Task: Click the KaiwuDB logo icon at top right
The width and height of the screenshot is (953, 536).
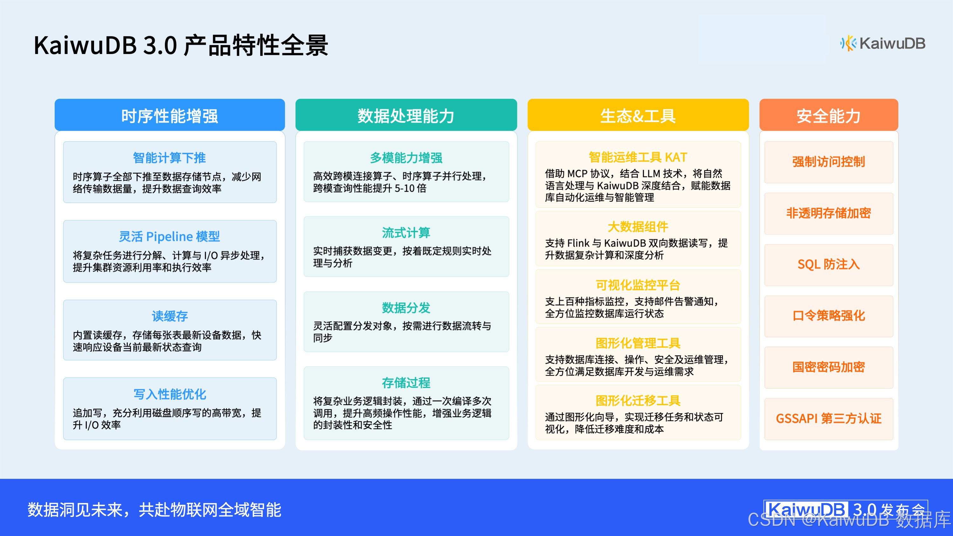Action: point(848,44)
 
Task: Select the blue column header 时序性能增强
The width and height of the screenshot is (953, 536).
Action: point(169,116)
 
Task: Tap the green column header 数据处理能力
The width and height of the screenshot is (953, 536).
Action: point(406,116)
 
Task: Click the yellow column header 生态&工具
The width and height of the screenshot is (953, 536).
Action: point(638,116)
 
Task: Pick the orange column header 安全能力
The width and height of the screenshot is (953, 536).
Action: point(828,116)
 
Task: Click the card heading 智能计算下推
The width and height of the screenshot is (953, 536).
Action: point(169,158)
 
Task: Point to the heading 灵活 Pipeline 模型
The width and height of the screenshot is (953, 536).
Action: point(169,237)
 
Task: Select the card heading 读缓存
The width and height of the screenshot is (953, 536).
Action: point(169,316)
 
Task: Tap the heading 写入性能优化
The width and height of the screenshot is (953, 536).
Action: point(169,394)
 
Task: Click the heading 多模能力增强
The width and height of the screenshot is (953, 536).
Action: point(406,158)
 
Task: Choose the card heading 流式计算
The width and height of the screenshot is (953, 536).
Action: point(406,233)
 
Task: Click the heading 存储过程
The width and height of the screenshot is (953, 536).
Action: point(406,383)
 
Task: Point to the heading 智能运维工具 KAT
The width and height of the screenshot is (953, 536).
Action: point(638,158)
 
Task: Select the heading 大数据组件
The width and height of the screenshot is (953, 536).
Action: point(638,227)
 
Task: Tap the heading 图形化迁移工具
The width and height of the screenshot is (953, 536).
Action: point(638,401)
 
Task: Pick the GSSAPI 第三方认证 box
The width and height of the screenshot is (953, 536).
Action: point(828,419)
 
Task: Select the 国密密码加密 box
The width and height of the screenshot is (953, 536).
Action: point(828,367)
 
